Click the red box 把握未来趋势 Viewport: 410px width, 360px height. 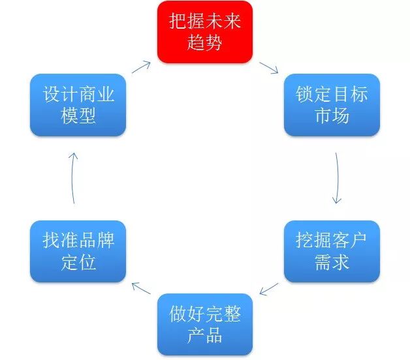click(x=205, y=32)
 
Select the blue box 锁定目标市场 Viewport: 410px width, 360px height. click(x=332, y=104)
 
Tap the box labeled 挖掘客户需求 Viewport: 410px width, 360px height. click(x=332, y=251)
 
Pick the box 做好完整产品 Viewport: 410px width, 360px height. click(x=205, y=324)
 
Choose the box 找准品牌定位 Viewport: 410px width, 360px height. click(x=78, y=251)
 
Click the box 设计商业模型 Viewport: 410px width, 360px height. click(x=78, y=104)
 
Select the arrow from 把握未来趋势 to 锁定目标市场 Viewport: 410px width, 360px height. click(x=269, y=68)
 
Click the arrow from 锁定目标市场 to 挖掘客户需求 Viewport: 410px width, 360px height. click(x=337, y=177)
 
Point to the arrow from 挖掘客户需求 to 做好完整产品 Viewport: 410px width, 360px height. click(x=269, y=288)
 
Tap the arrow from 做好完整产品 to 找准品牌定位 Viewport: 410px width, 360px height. click(x=142, y=288)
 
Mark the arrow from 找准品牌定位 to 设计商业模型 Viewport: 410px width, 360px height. click(x=73, y=177)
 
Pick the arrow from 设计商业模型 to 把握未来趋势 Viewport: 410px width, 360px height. click(x=142, y=67)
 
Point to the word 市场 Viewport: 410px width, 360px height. click(x=332, y=117)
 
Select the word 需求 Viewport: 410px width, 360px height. click(x=332, y=263)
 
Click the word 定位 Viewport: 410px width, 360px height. click(x=78, y=263)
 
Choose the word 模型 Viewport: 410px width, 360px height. click(x=78, y=117)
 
